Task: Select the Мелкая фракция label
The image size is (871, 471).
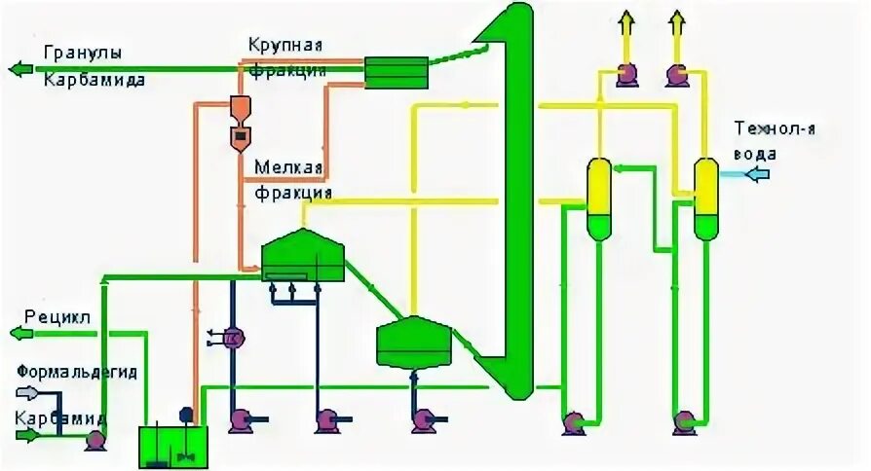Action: (290, 179)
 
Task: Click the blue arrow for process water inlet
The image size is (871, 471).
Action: (755, 174)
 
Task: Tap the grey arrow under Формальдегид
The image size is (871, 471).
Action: (26, 393)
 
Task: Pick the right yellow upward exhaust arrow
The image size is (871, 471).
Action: (677, 27)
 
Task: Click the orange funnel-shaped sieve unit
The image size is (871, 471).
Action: (240, 124)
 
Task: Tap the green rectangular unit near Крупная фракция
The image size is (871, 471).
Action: (396, 71)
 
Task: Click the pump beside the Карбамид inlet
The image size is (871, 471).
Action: (95, 439)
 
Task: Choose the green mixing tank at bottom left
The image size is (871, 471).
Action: (169, 446)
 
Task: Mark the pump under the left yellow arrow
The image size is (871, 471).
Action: (625, 74)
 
